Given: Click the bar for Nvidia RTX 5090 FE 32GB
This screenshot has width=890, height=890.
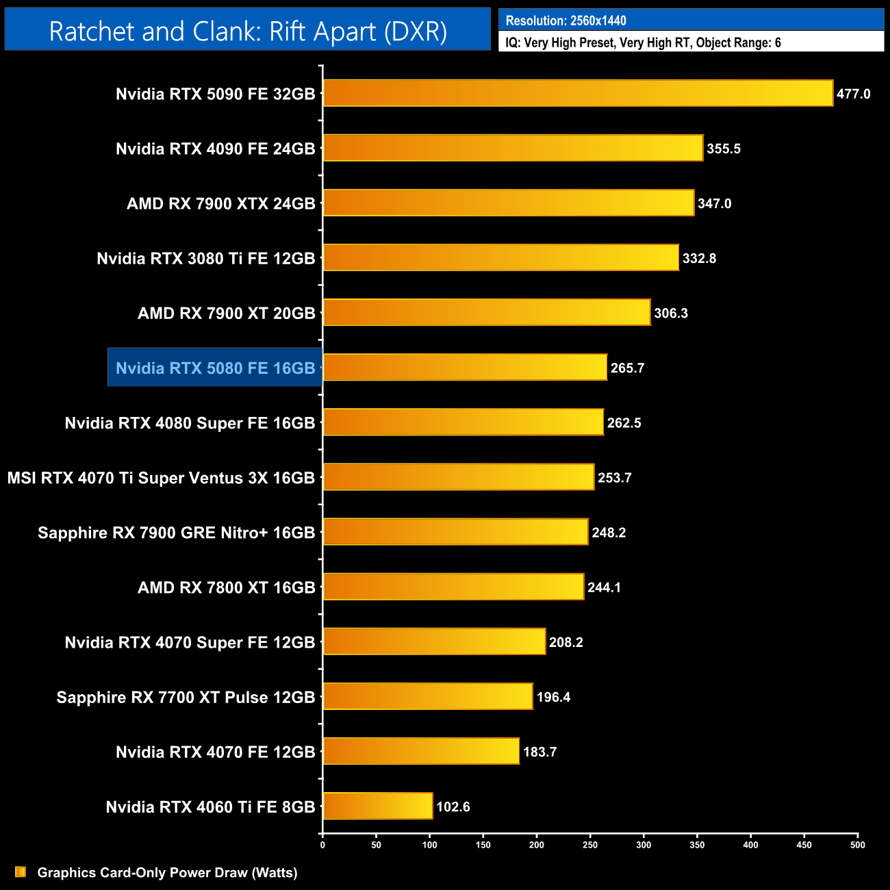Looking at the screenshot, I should coord(578,93).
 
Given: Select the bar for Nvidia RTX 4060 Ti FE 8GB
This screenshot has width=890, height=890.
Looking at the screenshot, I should coord(378,806).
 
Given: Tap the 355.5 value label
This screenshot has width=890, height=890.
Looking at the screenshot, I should coord(724,149).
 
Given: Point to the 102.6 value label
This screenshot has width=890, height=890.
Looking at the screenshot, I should coord(453,806).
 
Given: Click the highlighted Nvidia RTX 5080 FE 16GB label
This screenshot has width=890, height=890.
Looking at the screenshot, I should coord(215,368).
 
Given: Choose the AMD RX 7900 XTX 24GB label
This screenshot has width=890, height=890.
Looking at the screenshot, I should coord(220,203).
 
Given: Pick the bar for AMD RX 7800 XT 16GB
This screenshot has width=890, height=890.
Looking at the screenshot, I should coord(453,587).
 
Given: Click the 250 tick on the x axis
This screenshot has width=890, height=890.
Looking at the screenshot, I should coord(590,845).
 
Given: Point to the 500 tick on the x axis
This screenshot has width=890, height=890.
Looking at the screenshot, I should coord(857,845).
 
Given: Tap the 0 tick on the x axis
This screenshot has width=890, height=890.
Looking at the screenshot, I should coord(322,845).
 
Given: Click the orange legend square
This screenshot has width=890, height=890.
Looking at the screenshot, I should coord(21,872).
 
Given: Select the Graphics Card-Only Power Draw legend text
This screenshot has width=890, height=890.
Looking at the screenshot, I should coord(167,872).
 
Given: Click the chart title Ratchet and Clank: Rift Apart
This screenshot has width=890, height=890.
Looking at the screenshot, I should coord(248,31).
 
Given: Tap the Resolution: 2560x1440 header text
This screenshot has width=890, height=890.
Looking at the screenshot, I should coord(565,21).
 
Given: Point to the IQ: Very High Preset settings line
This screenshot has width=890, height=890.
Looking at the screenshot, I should coord(643,42).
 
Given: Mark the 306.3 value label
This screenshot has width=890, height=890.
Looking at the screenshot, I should coord(671,313).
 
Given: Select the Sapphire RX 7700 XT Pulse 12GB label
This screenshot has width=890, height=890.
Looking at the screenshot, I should coord(186,697).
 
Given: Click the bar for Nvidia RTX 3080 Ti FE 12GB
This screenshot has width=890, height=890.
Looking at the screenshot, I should coord(501,257).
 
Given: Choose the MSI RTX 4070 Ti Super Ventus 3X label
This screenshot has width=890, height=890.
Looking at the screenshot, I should coord(161,478).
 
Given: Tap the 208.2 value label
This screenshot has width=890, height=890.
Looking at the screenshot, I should coord(566,642).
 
